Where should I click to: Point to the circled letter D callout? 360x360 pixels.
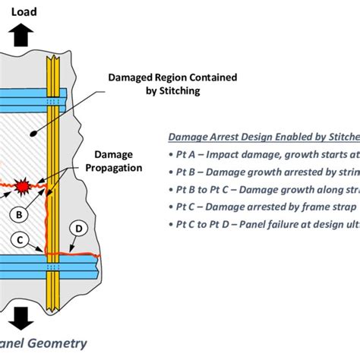(77, 228)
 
